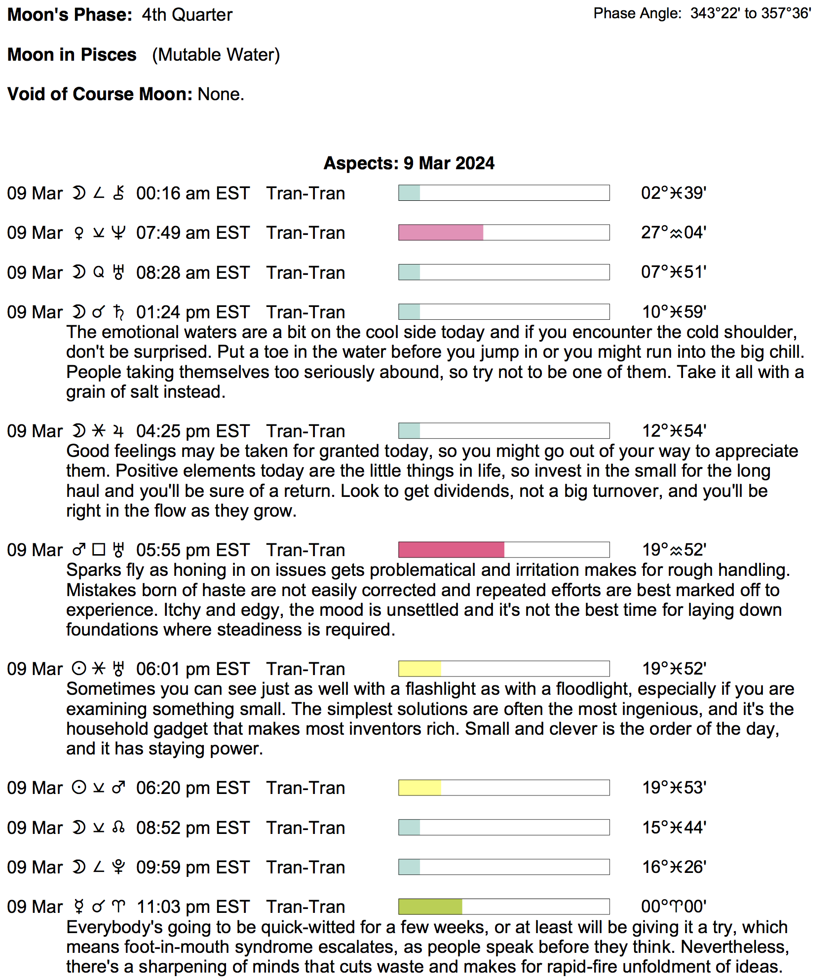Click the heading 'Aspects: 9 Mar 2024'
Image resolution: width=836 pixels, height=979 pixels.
coord(409,163)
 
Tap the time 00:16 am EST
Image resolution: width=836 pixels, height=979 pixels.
coord(193,193)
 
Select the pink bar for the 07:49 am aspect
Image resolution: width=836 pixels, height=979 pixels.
coord(441,232)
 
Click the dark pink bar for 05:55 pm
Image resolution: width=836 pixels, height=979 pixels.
coord(451,550)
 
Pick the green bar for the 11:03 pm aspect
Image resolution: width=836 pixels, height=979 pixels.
coord(430,906)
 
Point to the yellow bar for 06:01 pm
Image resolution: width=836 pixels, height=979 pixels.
coord(420,669)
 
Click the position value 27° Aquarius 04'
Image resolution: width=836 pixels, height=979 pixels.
coord(674,232)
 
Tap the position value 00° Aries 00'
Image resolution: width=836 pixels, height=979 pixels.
coord(674,906)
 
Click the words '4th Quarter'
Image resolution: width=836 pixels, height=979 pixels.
coord(187,15)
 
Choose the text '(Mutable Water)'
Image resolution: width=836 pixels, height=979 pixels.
coord(216,55)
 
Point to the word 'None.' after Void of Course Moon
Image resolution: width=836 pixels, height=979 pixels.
coord(221,94)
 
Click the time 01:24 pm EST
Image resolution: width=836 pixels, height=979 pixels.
coord(193,312)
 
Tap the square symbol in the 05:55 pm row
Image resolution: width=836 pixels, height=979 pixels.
coord(99,550)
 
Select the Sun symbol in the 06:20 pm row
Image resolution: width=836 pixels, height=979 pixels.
coord(79,788)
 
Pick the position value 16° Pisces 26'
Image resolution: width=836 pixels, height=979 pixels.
coord(674,867)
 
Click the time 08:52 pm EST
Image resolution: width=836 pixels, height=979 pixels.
coord(193,828)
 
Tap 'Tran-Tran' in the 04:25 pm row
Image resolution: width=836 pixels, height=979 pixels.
coord(305,431)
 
